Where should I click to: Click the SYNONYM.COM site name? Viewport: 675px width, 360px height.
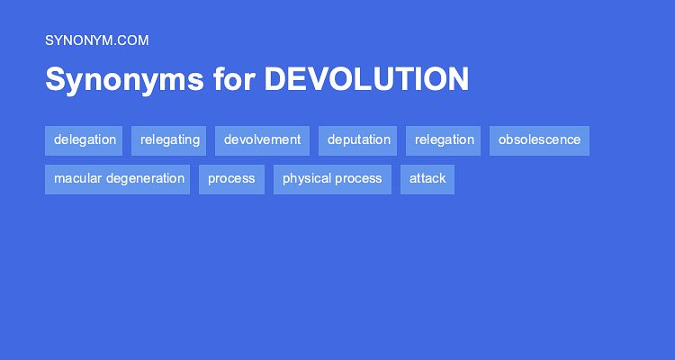coord(96,40)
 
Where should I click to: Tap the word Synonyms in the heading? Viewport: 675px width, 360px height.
coord(124,80)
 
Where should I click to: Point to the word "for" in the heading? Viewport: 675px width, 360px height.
coord(234,80)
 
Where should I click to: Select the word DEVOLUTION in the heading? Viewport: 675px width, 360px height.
coord(366,80)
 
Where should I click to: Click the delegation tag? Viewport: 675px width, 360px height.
coord(85,140)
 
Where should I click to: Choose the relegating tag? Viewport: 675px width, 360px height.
coord(170,140)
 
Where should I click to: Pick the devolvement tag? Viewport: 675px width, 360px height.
coord(262,140)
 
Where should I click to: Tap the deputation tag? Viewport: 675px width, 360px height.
coord(359,140)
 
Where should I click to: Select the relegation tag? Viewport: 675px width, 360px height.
coord(445,140)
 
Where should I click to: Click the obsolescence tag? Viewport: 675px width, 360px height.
coord(539,140)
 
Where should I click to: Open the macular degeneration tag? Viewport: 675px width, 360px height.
coord(119,179)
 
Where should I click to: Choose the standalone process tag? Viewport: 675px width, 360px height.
coord(231,179)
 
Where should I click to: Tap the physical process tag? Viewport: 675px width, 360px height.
coord(332,179)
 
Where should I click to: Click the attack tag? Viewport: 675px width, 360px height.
coord(427,179)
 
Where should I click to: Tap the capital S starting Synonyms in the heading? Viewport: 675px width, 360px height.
coord(55,80)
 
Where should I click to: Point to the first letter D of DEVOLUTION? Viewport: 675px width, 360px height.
coord(274,80)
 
